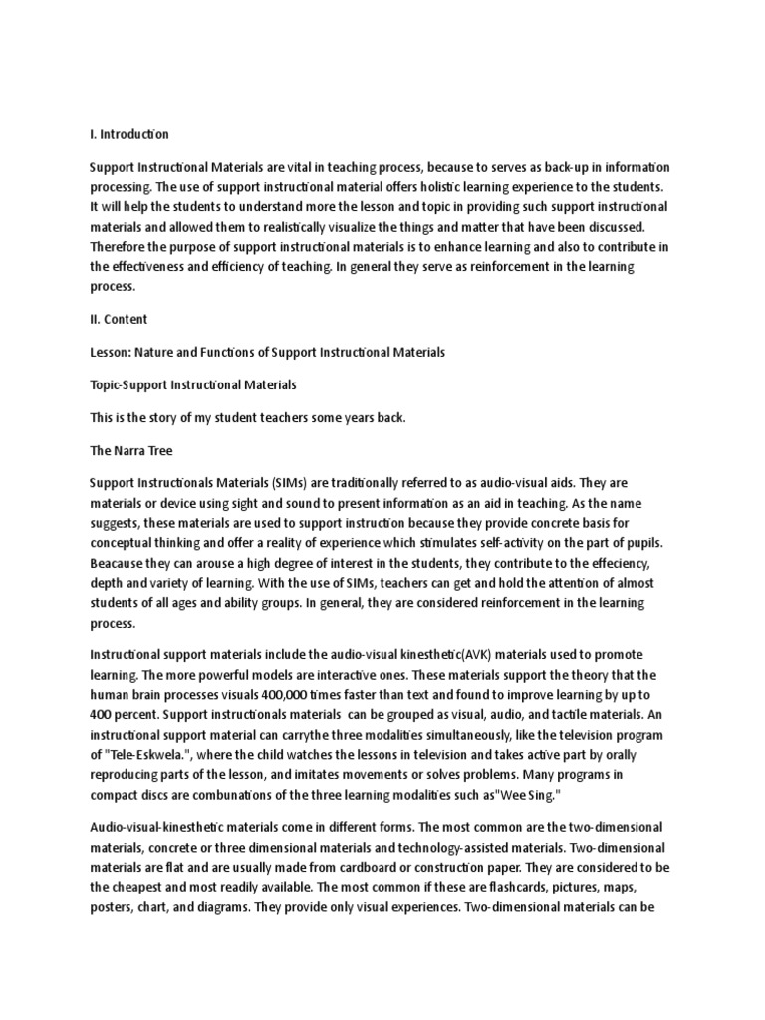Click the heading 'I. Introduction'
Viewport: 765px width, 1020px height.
pos(129,134)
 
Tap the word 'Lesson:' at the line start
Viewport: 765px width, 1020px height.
pos(111,353)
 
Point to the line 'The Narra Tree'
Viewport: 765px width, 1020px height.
pos(131,450)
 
